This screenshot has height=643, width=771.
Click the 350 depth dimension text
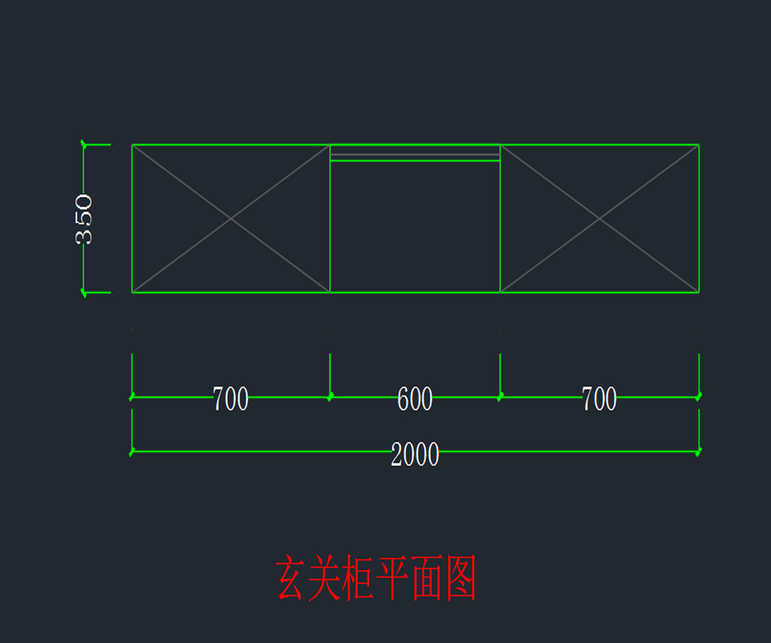click(84, 219)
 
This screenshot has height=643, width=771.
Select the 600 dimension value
click(415, 399)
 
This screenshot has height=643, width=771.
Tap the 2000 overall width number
click(415, 455)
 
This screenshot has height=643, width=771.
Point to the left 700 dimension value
click(231, 399)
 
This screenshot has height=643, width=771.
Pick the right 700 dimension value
click(599, 399)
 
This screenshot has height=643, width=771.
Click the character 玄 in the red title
click(290, 578)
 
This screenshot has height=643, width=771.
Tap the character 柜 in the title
click(357, 578)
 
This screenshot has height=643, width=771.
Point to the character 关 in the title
click(324, 578)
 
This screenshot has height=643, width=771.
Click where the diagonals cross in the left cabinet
click(231, 219)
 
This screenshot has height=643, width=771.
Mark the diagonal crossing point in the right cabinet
click(599, 219)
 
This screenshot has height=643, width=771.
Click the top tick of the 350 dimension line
click(84, 145)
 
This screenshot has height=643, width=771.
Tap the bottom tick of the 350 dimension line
click(84, 293)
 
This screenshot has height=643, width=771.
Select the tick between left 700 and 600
click(330, 397)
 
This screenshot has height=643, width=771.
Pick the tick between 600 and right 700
click(500, 397)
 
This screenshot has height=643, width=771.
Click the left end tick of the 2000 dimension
click(132, 451)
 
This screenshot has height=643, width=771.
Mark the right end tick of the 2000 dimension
click(699, 451)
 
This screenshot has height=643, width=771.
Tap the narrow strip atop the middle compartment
click(415, 153)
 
